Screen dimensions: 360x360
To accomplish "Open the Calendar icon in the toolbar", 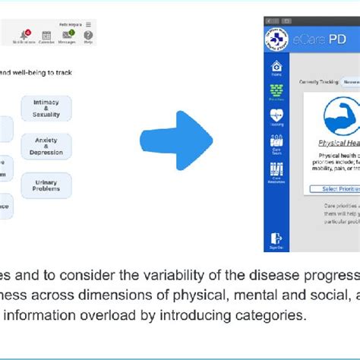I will (x=46, y=35).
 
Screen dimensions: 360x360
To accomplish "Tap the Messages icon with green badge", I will (x=67, y=35).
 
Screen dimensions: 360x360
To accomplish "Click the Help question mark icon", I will (x=89, y=35).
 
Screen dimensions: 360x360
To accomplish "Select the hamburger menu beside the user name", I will (x=89, y=24).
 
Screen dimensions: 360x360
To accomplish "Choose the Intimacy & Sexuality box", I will (x=46, y=109).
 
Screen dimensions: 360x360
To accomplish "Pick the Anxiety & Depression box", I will (x=46, y=146).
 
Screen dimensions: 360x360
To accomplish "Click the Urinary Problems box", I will (x=46, y=184).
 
